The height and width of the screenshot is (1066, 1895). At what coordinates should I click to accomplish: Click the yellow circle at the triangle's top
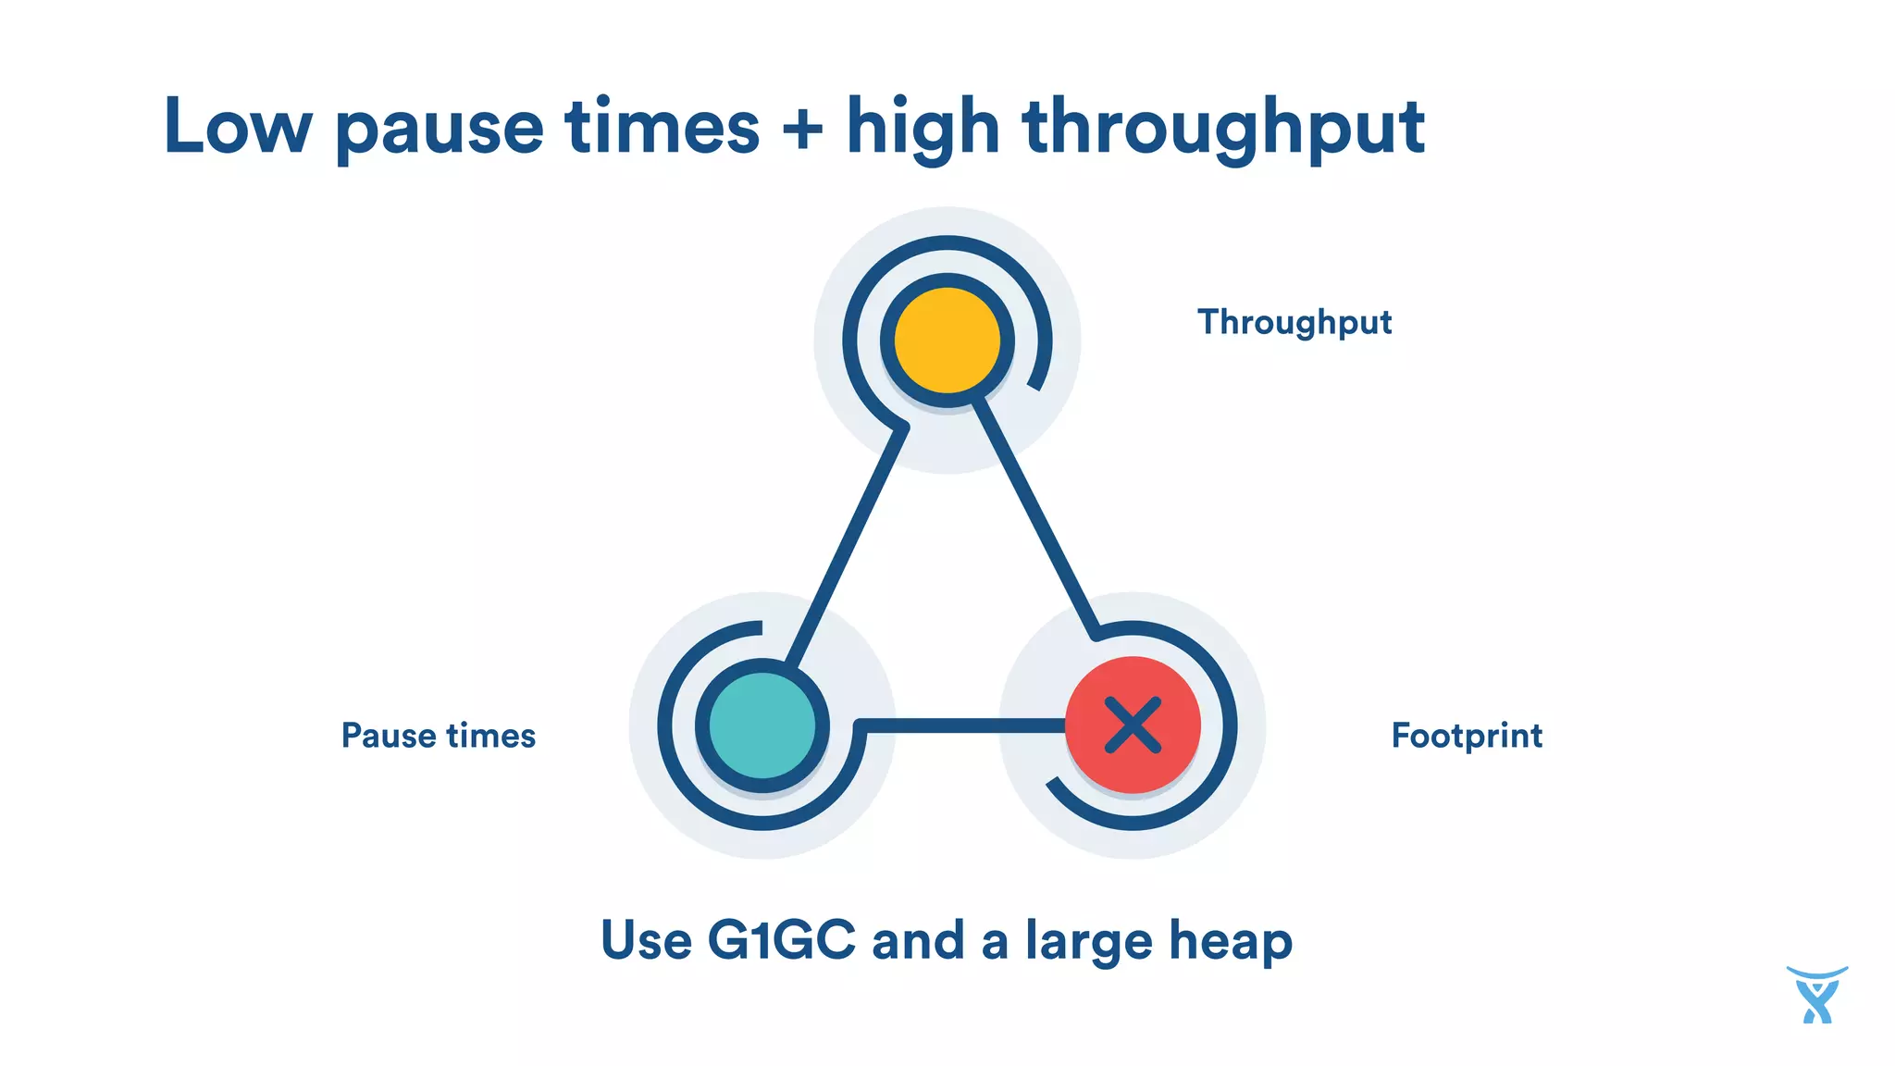tap(947, 340)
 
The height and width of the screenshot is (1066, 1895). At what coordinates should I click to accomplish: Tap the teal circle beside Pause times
tap(762, 725)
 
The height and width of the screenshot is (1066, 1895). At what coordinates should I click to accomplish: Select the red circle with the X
tap(1133, 725)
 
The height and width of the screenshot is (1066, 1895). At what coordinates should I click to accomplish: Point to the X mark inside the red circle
tap(1133, 725)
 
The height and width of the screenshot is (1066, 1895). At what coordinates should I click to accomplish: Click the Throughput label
tap(1294, 322)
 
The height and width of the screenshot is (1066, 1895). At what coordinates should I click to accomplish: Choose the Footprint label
tap(1467, 736)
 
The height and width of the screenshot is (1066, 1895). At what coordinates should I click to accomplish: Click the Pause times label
tap(439, 736)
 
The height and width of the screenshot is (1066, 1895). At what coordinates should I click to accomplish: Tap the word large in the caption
tap(1089, 942)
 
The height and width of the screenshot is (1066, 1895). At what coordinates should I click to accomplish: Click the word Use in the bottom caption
tap(646, 940)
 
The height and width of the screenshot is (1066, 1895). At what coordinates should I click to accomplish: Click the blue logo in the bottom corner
tap(1816, 996)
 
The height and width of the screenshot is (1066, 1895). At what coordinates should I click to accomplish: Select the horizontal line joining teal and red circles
tap(962, 725)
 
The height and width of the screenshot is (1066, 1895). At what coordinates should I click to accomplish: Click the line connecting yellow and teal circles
tap(847, 546)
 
